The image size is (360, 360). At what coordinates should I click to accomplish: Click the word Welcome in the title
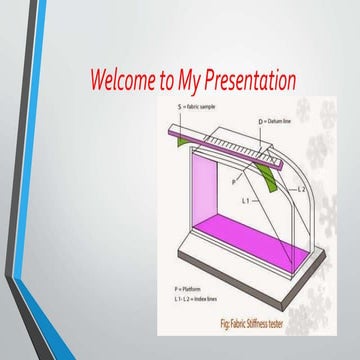tap(122, 79)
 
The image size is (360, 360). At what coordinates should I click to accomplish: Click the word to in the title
tap(164, 79)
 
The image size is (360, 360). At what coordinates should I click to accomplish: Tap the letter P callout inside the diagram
tap(235, 182)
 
